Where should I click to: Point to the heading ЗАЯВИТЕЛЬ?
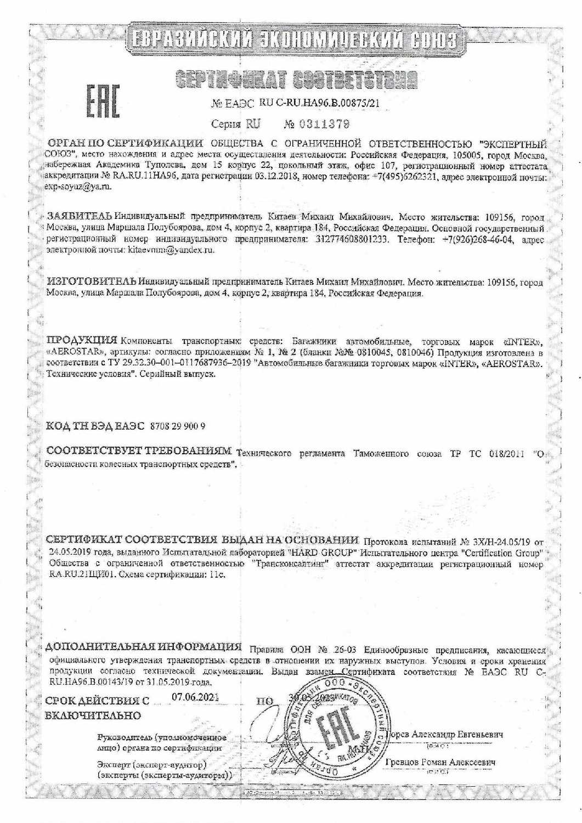click(x=80, y=215)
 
